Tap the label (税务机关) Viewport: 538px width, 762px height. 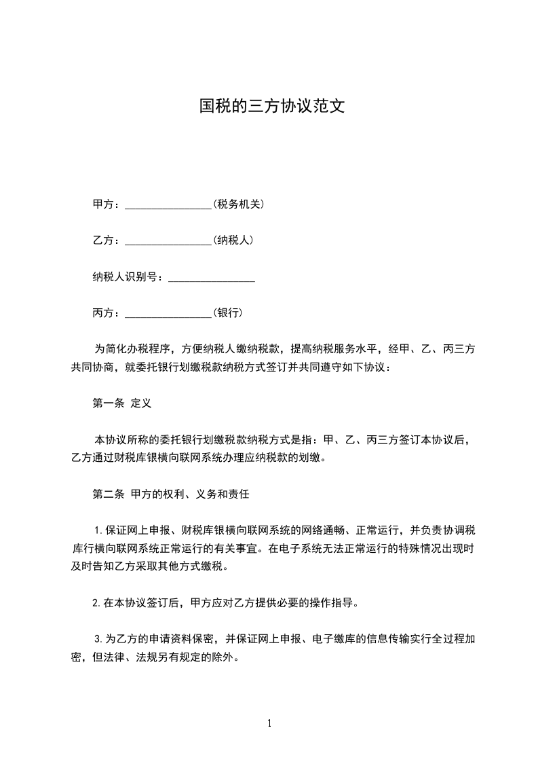click(238, 204)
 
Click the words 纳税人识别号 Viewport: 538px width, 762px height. click(126, 277)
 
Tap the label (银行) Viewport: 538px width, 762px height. click(228, 313)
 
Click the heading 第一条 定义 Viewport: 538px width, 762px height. click(121, 403)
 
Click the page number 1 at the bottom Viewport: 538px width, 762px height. click(269, 723)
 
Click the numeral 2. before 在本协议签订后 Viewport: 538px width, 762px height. click(97, 602)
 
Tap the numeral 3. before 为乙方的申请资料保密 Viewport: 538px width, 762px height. click(98, 639)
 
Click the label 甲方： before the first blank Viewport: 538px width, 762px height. click(105, 204)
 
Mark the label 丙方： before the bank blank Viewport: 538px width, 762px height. click(105, 314)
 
